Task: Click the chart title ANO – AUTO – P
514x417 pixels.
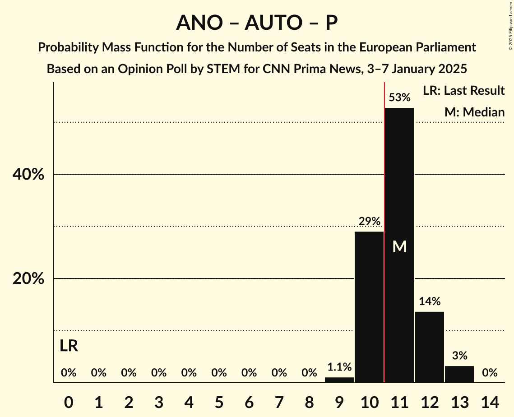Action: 257,23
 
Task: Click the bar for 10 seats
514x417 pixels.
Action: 369,307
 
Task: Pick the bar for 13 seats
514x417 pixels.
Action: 459,374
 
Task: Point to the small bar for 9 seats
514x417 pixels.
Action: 339,380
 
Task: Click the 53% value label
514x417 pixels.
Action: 399,97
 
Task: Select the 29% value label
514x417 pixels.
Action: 369,222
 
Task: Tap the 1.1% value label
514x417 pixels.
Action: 339,367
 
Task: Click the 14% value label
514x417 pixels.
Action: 430,301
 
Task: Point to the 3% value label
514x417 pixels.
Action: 459,356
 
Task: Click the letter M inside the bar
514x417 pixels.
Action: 399,246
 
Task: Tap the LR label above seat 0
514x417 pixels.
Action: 69,346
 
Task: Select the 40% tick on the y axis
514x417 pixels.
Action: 28,175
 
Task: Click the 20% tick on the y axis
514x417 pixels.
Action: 28,279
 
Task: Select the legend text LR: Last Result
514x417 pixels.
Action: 463,91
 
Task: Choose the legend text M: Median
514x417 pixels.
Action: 474,112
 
